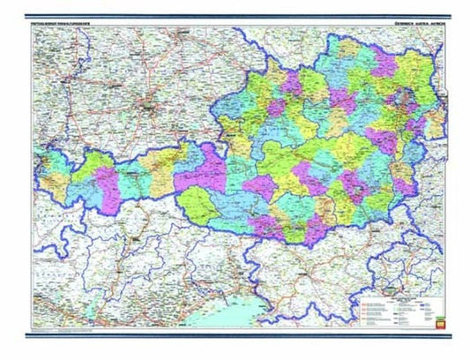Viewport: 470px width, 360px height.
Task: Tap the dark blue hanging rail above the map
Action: pos(235,17)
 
